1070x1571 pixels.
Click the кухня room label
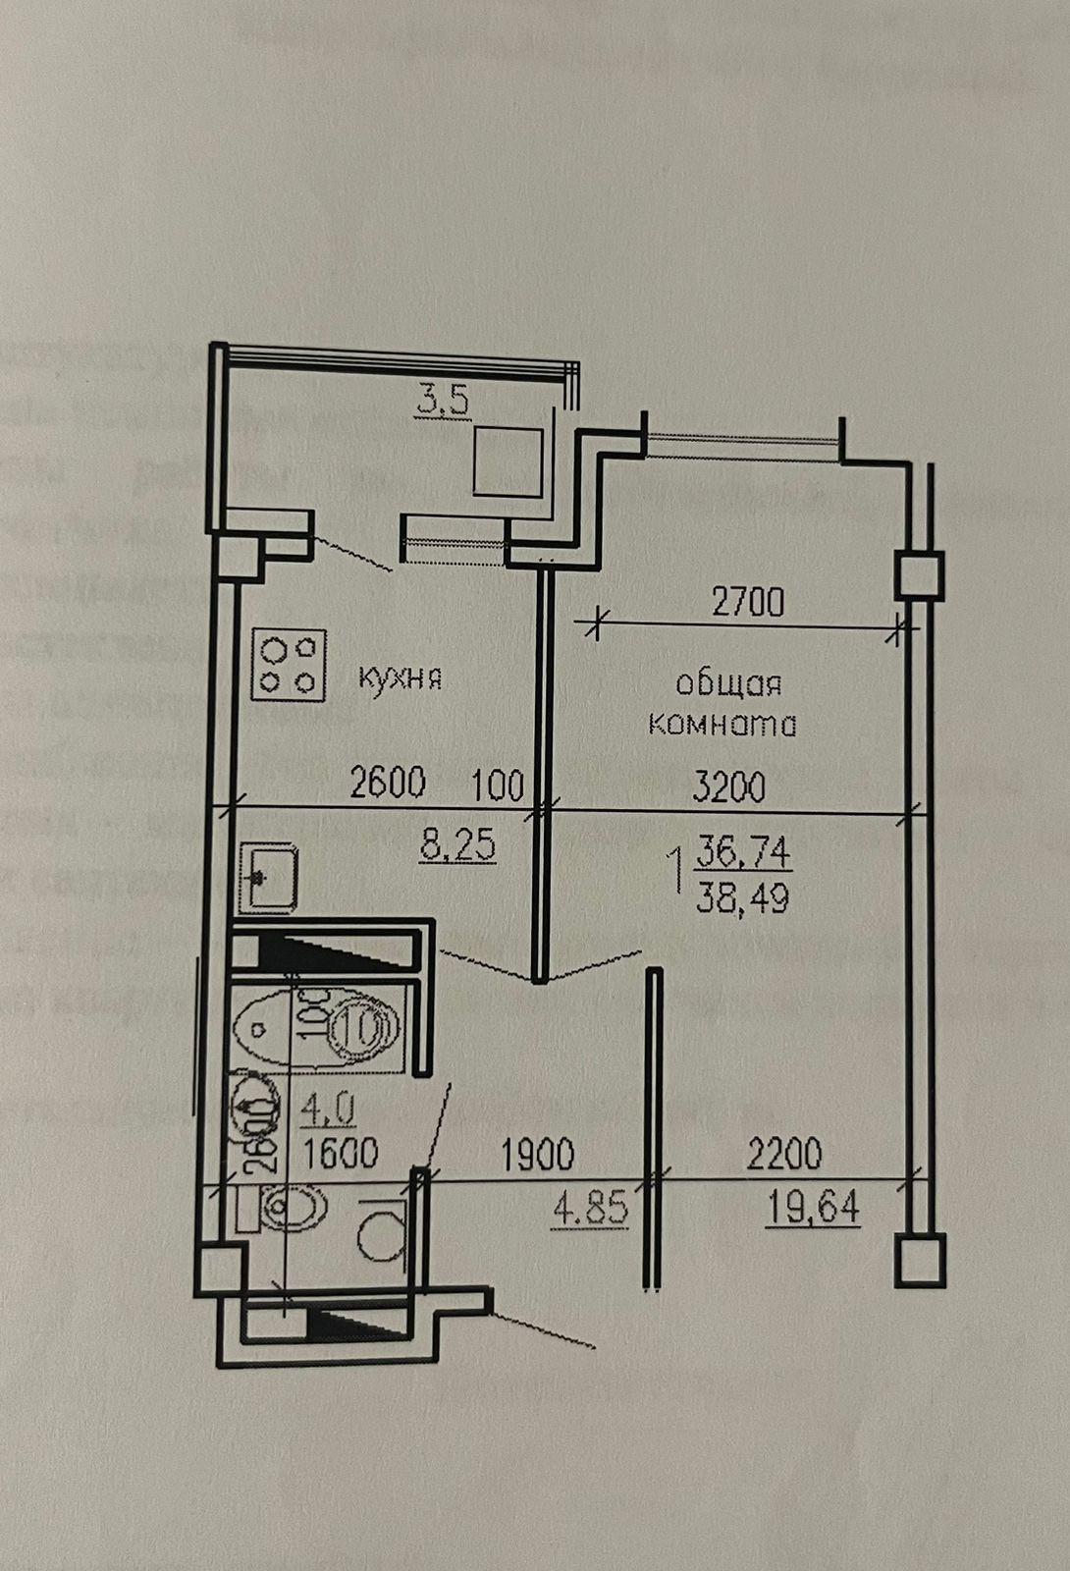coord(400,677)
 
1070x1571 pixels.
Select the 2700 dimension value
coord(748,602)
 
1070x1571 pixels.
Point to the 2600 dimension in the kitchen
coord(389,783)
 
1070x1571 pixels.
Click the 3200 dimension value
coord(729,786)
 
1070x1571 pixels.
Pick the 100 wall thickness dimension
coord(498,785)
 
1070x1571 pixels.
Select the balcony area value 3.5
coord(445,402)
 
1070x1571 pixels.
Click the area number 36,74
coord(743,852)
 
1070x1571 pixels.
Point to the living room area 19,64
coord(813,1207)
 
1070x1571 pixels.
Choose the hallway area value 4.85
coord(591,1209)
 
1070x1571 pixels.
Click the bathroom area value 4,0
coord(328,1110)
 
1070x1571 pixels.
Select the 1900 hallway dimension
coord(538,1155)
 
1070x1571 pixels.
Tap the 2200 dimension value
coord(784,1154)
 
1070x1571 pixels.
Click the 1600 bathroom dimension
coord(341,1153)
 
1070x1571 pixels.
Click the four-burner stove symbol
coord(289,665)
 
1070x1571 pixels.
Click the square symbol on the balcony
coord(508,461)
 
